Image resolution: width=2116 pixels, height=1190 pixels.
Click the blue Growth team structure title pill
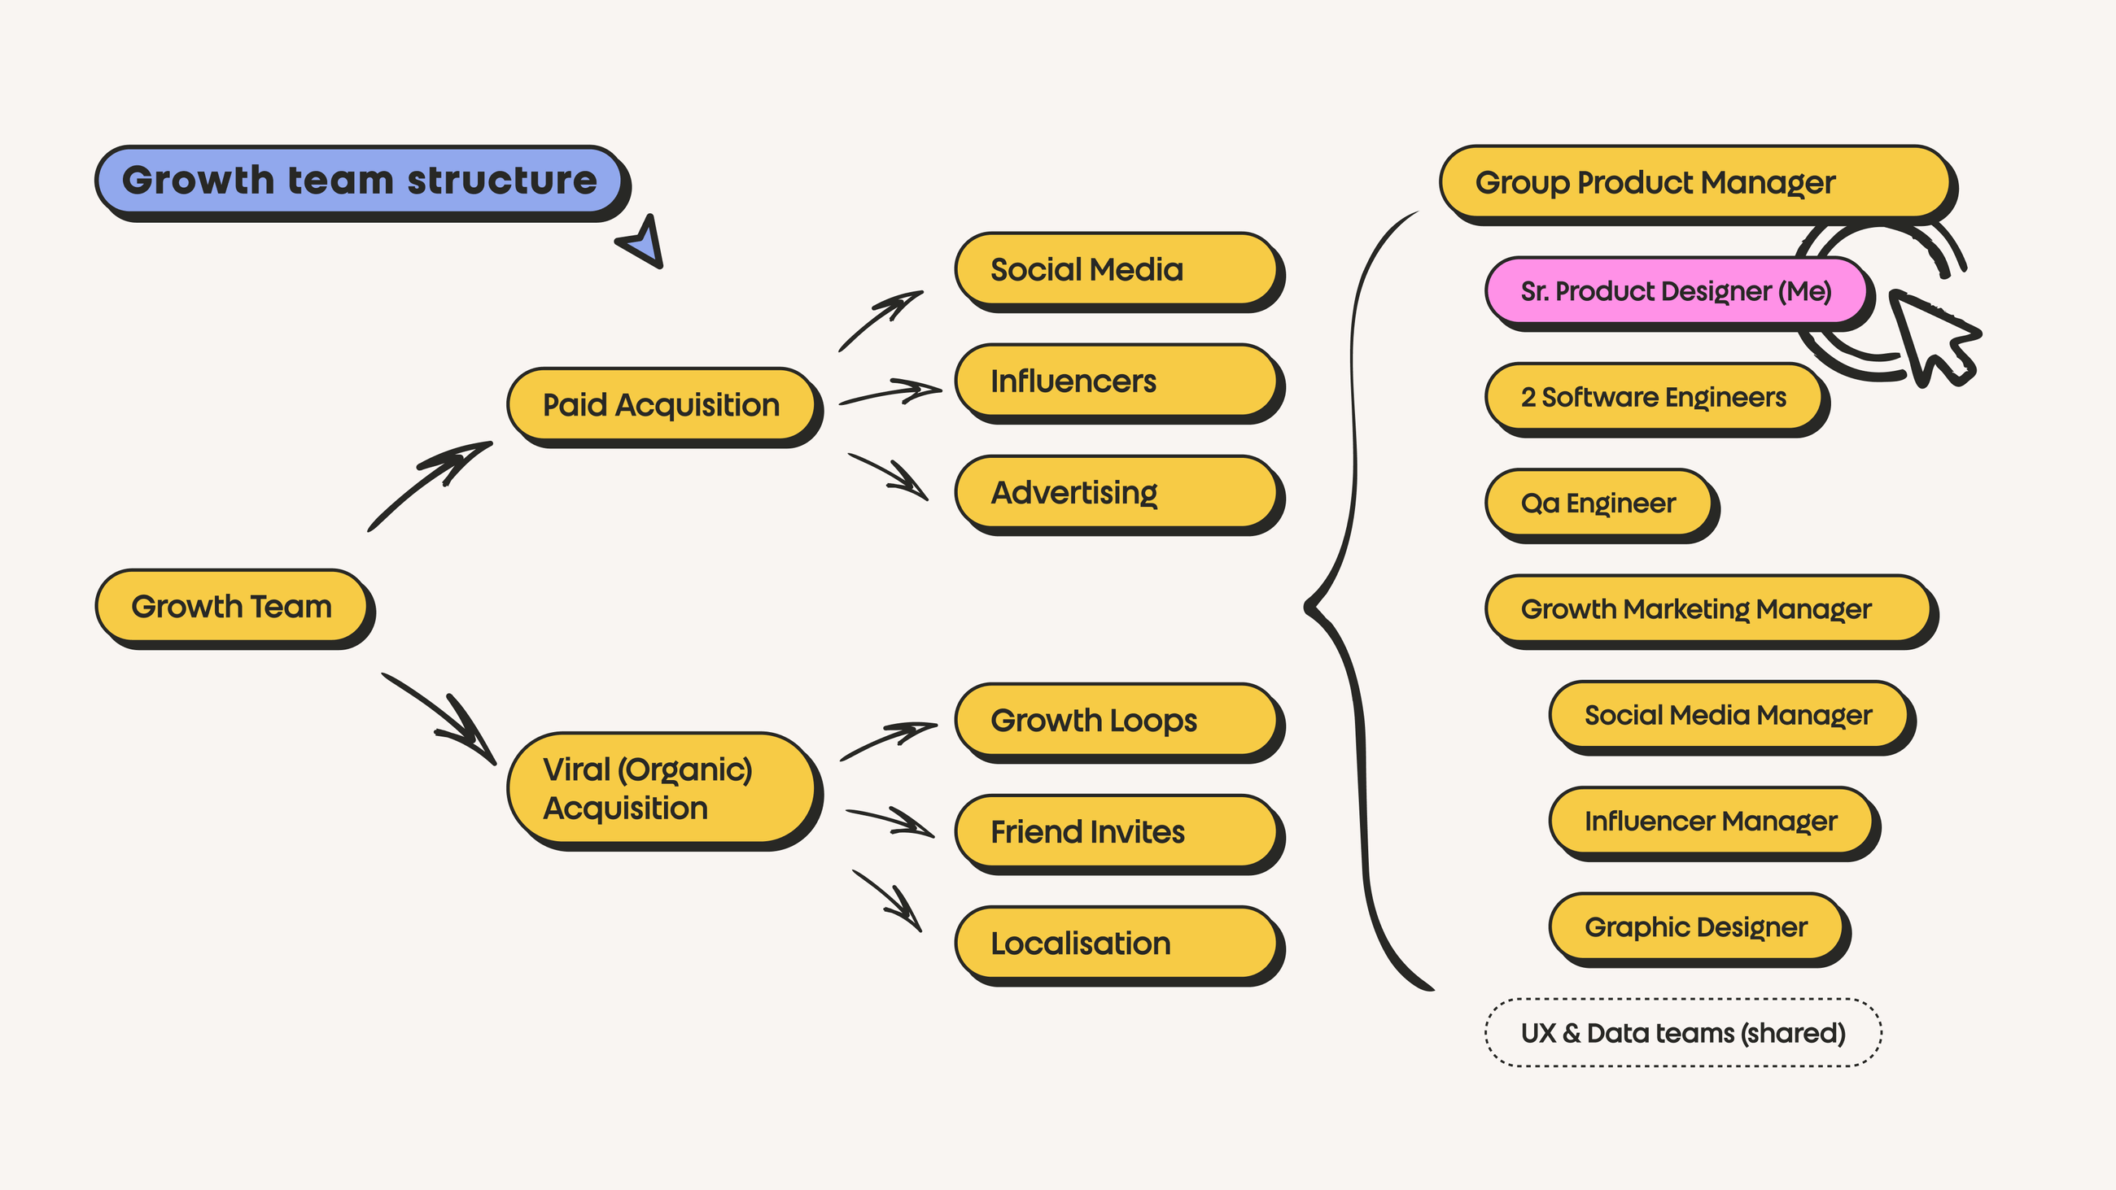(x=359, y=180)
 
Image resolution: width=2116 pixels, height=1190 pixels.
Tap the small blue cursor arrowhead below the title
(x=643, y=244)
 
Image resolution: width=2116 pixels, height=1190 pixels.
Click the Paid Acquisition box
(x=660, y=404)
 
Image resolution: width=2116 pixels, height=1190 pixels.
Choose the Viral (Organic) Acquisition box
(x=660, y=788)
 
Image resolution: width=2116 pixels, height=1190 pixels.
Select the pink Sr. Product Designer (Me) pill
(x=1676, y=290)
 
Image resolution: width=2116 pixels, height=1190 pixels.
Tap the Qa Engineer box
(x=1598, y=503)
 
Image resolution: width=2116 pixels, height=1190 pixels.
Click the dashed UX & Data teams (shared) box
(x=1682, y=1032)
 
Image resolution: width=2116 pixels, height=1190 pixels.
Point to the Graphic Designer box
(x=1695, y=926)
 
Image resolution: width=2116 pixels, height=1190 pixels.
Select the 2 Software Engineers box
(x=1653, y=397)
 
